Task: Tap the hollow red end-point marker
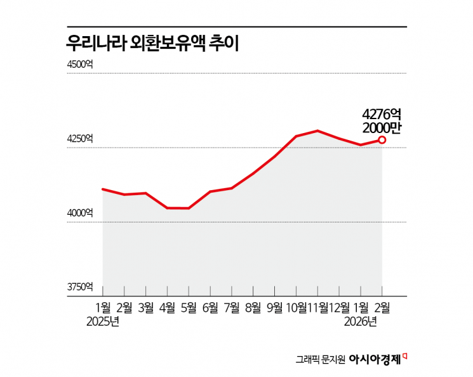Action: [382, 140]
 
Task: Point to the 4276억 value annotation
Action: [382, 113]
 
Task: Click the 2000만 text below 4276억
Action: [382, 127]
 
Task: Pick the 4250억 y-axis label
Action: [81, 139]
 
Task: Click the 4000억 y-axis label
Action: [81, 213]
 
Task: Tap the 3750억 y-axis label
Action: [81, 287]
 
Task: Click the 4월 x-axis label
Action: [167, 307]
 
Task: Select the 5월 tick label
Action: [189, 307]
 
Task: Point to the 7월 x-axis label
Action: [232, 307]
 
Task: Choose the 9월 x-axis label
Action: [274, 307]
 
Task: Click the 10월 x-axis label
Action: [296, 307]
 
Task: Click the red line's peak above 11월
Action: [317, 131]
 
